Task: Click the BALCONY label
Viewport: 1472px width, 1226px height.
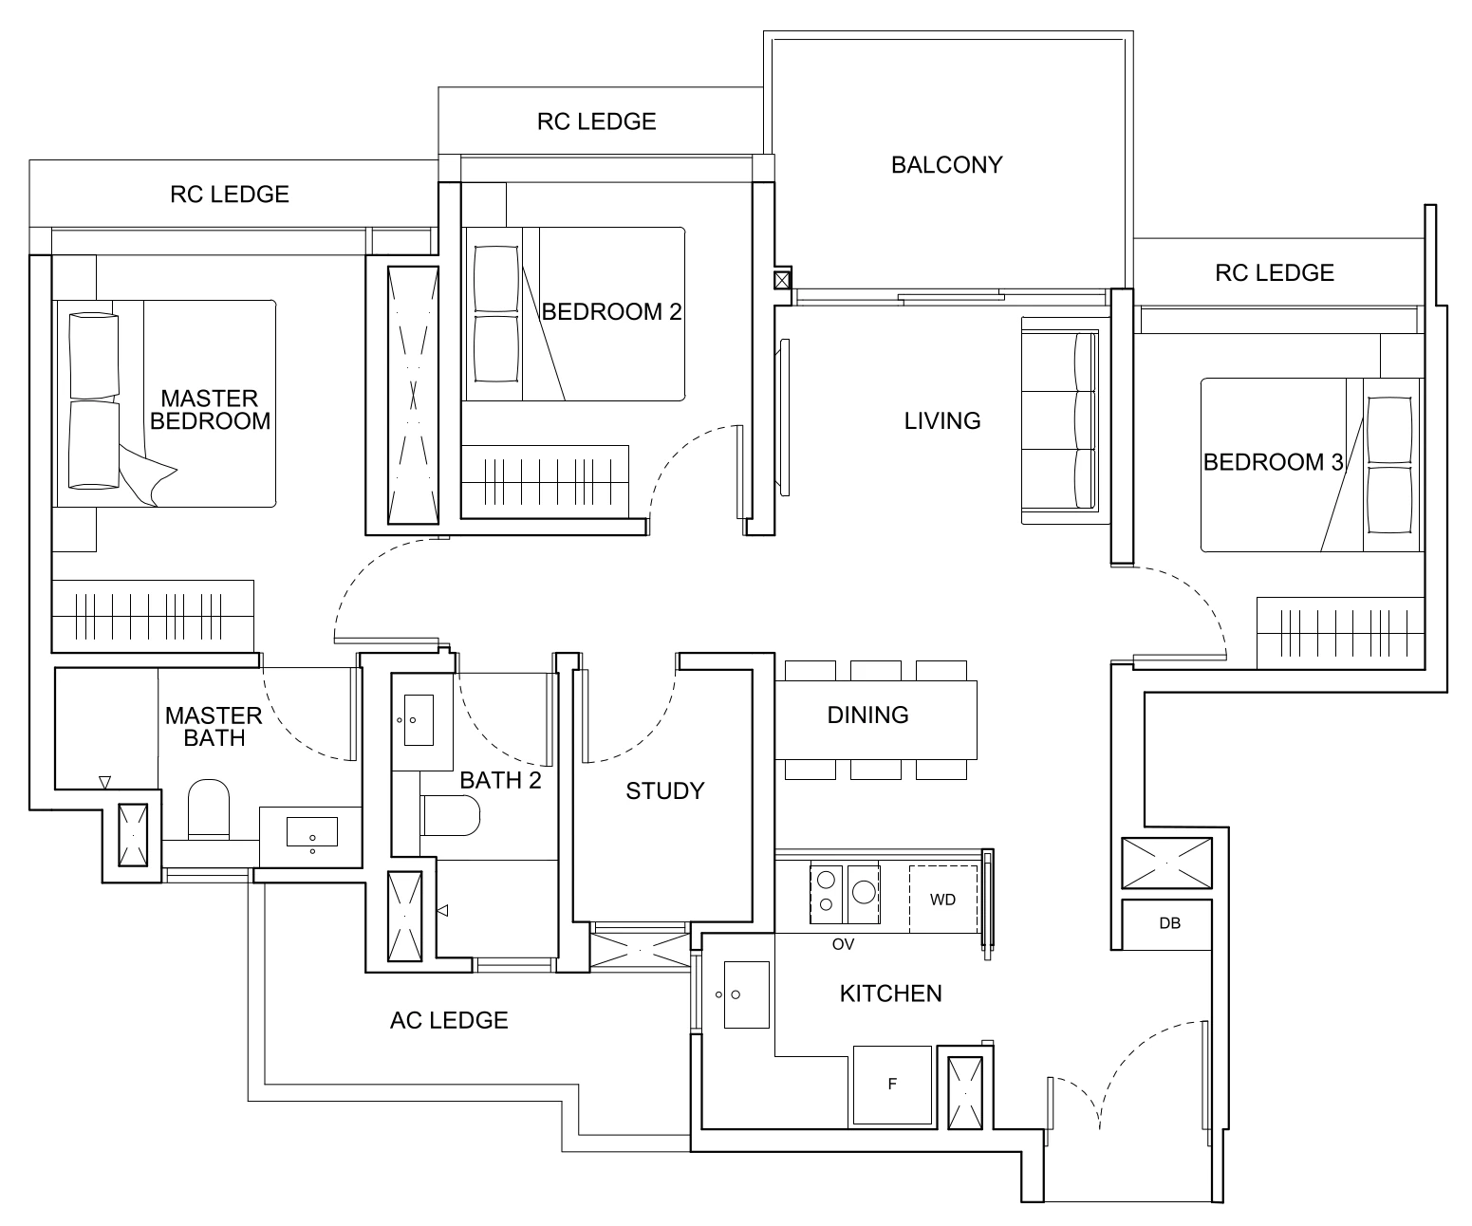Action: click(946, 165)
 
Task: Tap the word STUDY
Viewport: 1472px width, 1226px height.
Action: click(664, 790)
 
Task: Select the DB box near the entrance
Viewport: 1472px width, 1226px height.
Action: click(1169, 923)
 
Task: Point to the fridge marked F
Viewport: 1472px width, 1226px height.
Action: click(892, 1085)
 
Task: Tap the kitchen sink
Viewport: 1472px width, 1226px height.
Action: click(746, 994)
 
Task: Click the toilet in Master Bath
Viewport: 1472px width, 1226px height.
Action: click(209, 809)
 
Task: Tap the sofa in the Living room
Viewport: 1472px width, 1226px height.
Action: click(1059, 420)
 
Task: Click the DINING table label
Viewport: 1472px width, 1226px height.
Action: click(867, 715)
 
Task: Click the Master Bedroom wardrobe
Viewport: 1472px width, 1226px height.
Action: click(153, 616)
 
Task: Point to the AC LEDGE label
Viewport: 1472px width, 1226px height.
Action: click(449, 1020)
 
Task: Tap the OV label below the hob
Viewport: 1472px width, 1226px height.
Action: click(843, 944)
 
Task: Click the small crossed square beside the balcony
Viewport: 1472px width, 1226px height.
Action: click(781, 280)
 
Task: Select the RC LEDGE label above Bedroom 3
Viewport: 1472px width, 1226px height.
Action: click(1274, 273)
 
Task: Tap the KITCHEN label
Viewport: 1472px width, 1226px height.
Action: click(890, 994)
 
